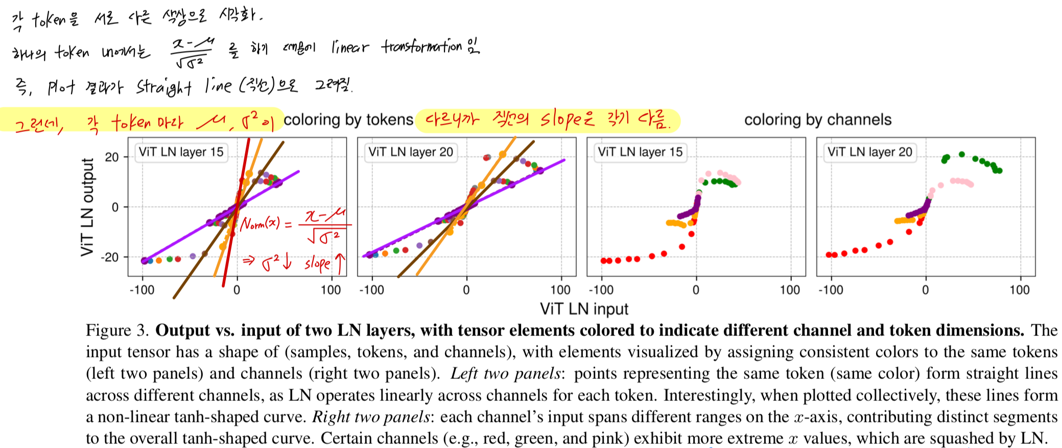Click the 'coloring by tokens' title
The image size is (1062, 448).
348,120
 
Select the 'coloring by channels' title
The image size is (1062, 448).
817,120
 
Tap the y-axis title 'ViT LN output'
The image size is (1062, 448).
87,207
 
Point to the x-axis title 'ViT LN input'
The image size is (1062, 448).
584,309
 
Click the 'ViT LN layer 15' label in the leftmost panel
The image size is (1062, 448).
181,152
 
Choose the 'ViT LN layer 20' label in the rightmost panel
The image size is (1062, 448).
869,152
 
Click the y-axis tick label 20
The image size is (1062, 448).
112,157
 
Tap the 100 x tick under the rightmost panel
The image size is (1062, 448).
1019,290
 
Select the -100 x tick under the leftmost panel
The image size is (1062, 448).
141,290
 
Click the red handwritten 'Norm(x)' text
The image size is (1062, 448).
260,224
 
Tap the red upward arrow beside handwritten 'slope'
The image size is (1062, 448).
340,263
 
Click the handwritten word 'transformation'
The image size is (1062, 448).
421,47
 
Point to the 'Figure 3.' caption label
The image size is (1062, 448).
117,330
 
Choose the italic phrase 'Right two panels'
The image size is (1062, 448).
371,417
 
